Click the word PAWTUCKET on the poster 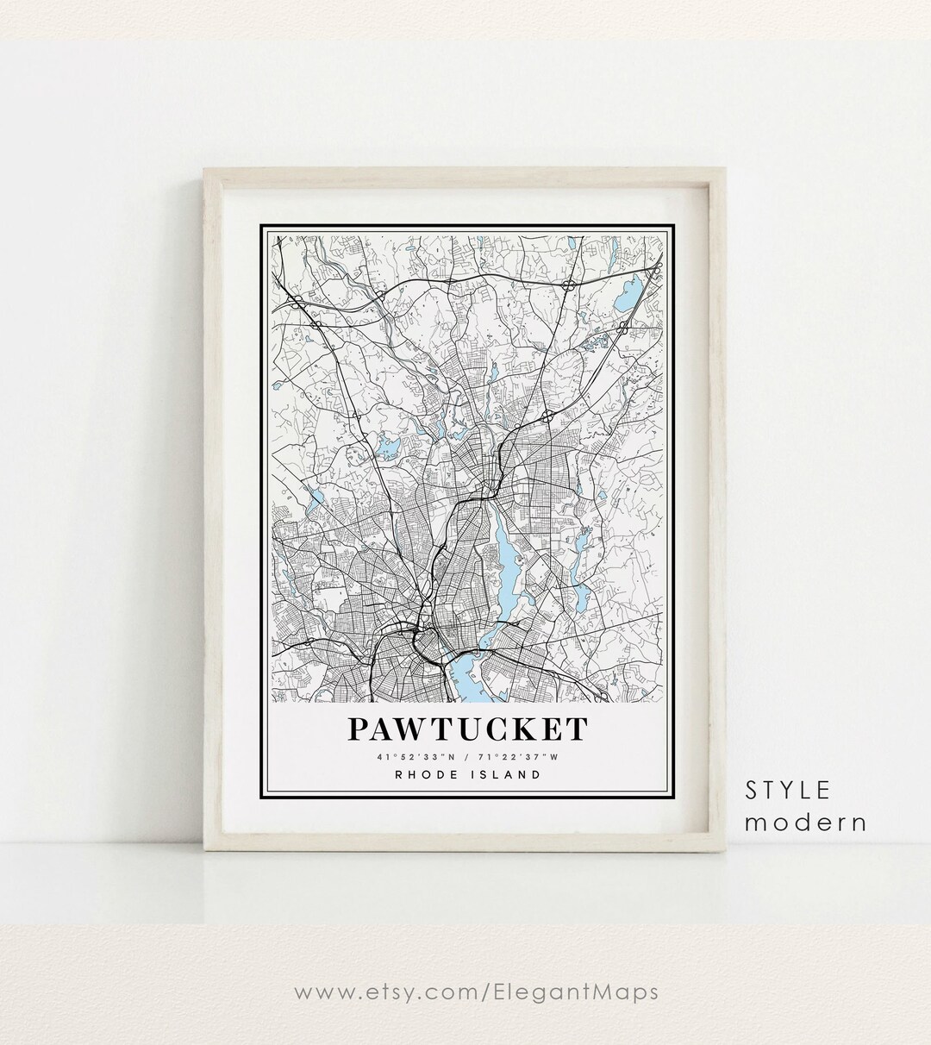[467, 729]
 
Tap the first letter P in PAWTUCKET [359, 729]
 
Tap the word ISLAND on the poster [509, 774]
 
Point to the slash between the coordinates [467, 757]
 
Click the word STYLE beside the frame [788, 790]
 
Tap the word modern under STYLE [806, 823]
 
